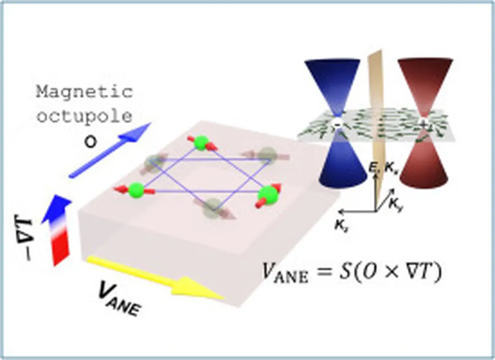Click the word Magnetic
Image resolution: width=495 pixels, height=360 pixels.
point(84,92)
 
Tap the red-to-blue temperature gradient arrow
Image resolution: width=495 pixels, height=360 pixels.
point(58,230)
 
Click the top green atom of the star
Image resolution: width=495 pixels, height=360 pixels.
point(201,143)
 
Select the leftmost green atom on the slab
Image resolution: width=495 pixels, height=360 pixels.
point(136,189)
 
